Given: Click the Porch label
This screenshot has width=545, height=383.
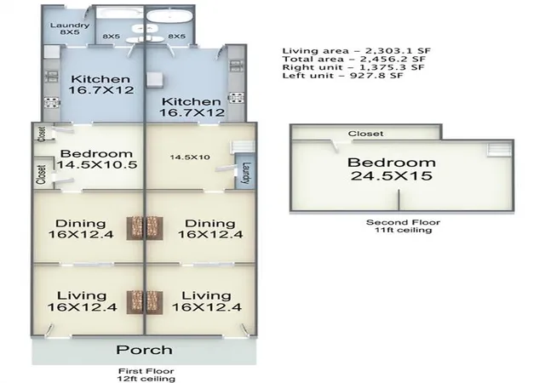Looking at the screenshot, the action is coord(144,350).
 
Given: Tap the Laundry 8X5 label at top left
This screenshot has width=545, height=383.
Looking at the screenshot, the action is coord(70,28).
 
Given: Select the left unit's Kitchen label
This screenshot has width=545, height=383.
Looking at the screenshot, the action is coord(100,84).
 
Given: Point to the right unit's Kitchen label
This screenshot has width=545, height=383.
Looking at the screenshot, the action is coord(192,106).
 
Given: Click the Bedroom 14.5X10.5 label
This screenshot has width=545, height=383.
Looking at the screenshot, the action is coord(97,159).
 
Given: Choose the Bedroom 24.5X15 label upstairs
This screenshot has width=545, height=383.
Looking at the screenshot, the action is coord(392,169).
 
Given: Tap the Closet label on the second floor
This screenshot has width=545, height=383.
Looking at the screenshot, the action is coord(365,134).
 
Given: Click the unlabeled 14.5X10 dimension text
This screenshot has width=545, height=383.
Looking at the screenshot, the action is coord(190,157).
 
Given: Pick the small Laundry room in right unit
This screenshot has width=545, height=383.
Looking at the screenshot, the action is coord(245,173).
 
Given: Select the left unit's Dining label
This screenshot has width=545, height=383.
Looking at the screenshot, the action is coord(81,229).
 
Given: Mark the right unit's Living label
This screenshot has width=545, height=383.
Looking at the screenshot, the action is coord(206,301).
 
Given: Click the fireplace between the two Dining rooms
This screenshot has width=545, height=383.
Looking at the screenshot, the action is coord(145,228).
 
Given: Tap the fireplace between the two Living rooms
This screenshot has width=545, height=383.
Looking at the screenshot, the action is coord(145,302).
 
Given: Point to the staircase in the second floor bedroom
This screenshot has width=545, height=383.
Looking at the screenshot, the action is coord(499,150).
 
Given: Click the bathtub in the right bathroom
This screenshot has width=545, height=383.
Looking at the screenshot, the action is coord(169,16).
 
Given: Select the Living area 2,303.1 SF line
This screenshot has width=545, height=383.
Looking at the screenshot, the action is coord(357,51).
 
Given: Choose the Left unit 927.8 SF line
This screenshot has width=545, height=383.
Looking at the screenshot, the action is coord(342,76).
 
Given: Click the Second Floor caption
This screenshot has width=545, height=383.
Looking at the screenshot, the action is coord(403,222).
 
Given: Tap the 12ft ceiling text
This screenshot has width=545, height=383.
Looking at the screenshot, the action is coord(146,379).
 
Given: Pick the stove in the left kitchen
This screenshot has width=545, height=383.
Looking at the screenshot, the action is coord(52,102).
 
